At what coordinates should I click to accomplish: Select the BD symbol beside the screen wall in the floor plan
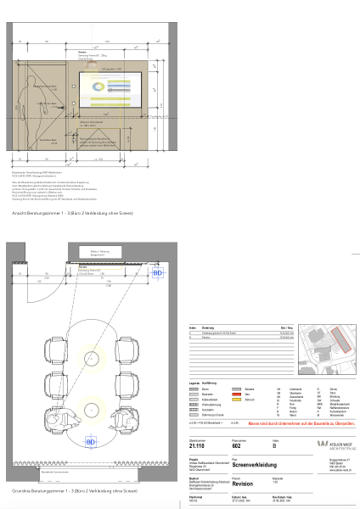click(x=156, y=273)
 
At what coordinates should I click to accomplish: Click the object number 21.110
click(x=197, y=445)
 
